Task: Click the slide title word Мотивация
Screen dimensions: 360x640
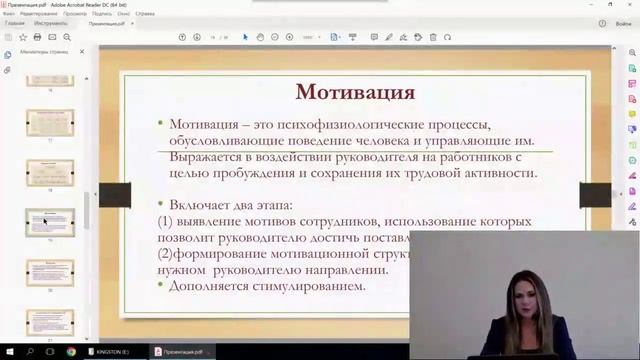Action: click(x=355, y=92)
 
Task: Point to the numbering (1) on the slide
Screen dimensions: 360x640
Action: click(x=167, y=221)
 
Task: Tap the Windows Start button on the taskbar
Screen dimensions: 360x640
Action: click(x=7, y=352)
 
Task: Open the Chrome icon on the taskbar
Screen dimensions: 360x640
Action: click(x=71, y=352)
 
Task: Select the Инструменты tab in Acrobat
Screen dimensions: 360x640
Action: click(x=50, y=22)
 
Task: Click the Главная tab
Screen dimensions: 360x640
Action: click(x=15, y=22)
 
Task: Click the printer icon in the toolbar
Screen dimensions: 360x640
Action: click(x=38, y=37)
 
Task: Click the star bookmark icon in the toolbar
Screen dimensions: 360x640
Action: click(x=23, y=37)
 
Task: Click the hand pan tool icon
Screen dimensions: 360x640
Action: click(x=260, y=37)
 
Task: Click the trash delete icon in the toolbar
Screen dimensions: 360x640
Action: click(x=433, y=37)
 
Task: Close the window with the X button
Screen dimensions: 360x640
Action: click(x=631, y=4)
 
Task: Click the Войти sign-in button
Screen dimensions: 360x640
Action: click(x=623, y=22)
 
